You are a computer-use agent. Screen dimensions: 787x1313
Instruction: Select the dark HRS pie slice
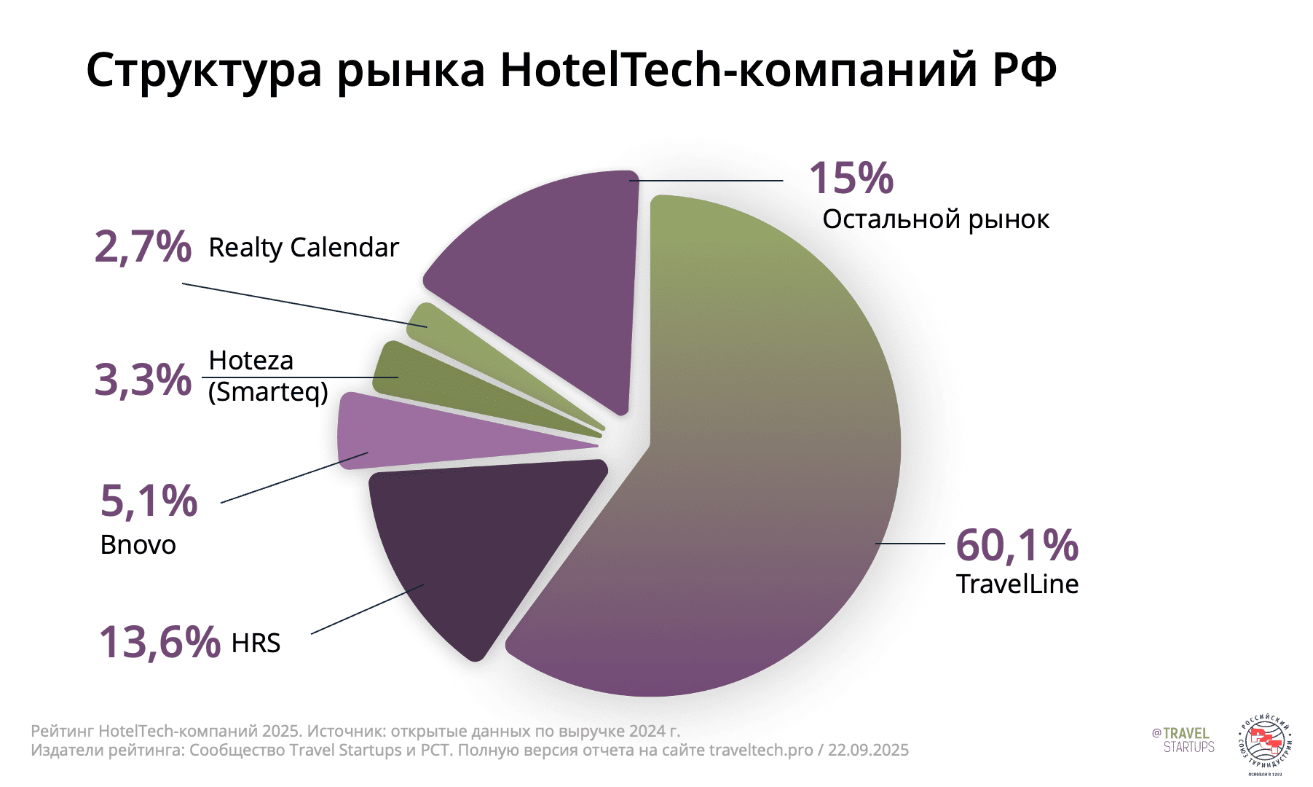481,547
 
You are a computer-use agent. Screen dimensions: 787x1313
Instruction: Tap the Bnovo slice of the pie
408,434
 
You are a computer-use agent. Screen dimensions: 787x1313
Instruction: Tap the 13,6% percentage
159,642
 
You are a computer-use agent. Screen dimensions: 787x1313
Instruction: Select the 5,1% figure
149,501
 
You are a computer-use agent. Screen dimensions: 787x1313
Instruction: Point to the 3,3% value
143,380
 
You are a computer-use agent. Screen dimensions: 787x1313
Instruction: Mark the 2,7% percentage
143,246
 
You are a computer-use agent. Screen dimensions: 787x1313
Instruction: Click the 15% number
851,178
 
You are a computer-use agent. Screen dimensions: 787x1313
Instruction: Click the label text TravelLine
1017,584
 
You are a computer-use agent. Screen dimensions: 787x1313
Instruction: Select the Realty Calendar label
304,248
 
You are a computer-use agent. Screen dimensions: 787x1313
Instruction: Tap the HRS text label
256,643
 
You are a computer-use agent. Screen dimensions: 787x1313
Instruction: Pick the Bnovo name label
138,545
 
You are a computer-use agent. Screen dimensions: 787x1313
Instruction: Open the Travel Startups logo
1183,740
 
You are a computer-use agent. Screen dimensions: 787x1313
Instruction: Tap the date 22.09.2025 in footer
868,751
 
